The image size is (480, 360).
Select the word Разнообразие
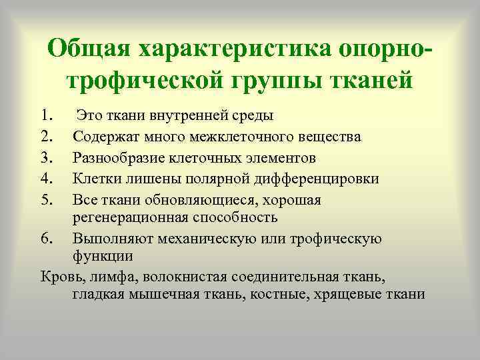click(117, 158)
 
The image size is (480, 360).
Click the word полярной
click(222, 179)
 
